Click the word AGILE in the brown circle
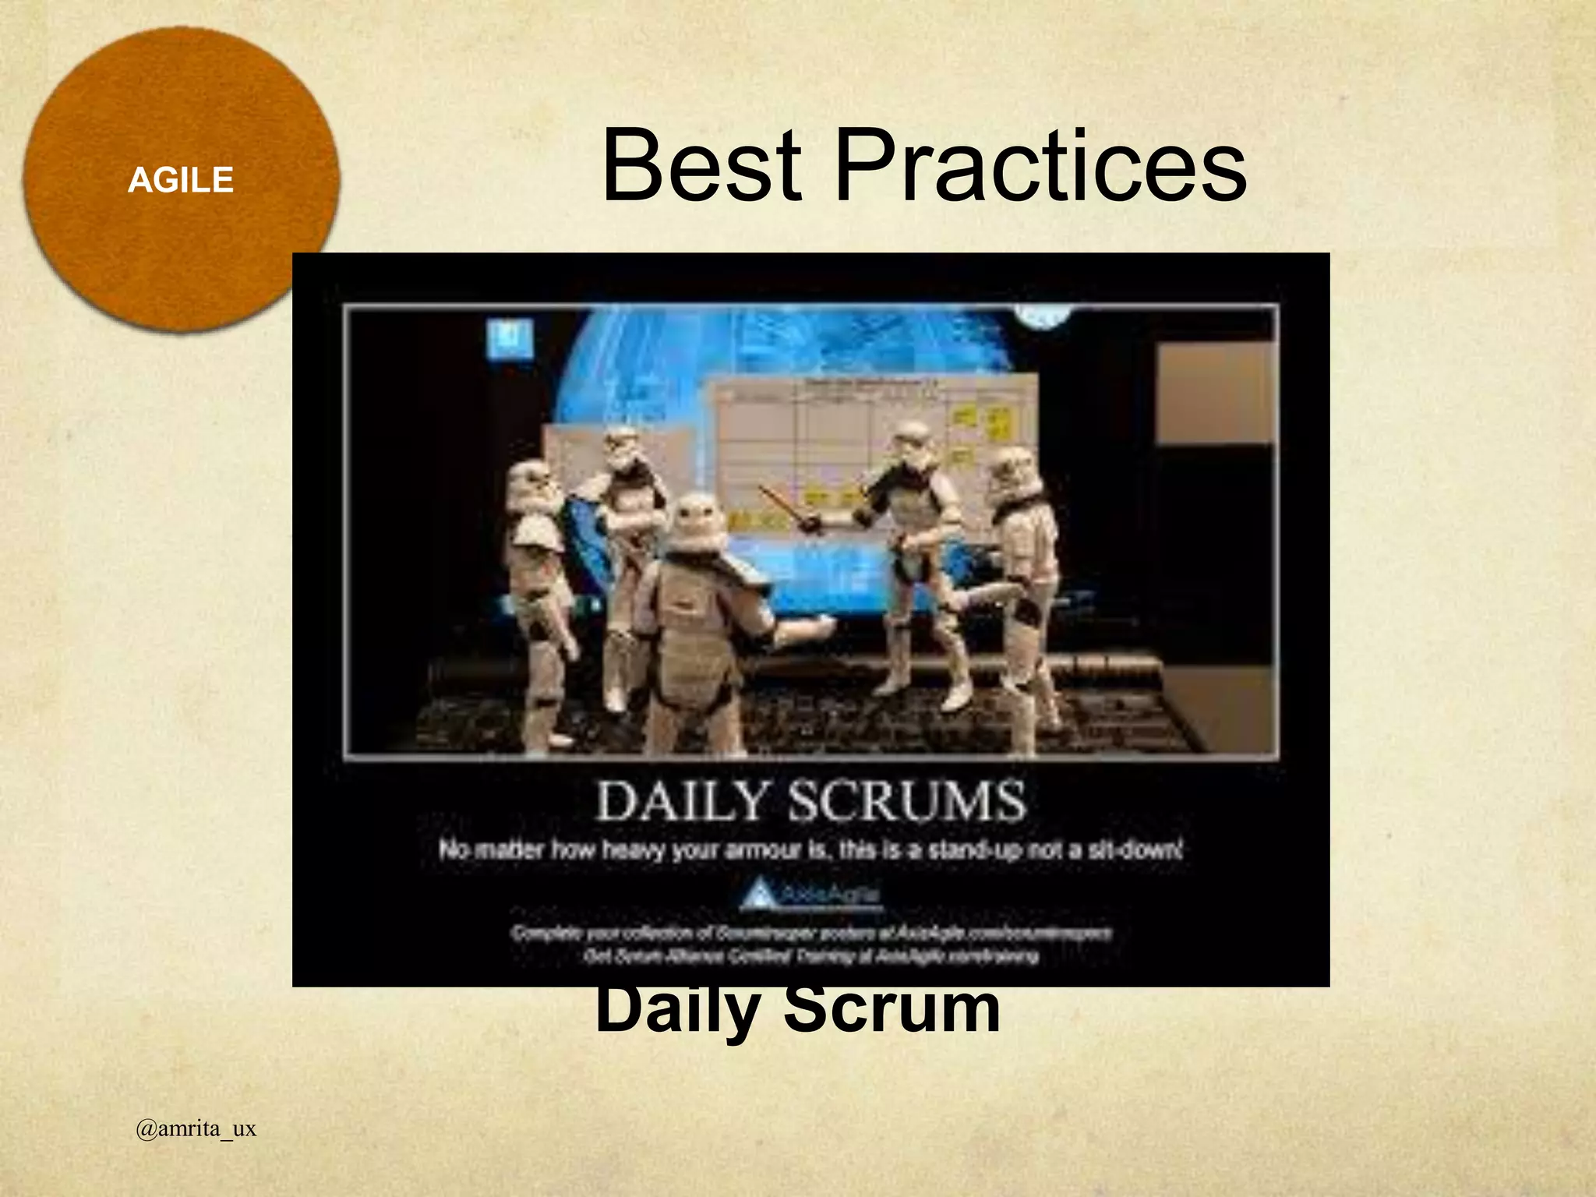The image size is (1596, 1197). pyautogui.click(x=181, y=181)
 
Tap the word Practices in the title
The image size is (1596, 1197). pyautogui.click(x=1040, y=166)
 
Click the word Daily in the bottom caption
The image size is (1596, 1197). pyautogui.click(x=676, y=1008)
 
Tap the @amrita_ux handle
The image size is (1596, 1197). pyautogui.click(x=196, y=1128)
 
